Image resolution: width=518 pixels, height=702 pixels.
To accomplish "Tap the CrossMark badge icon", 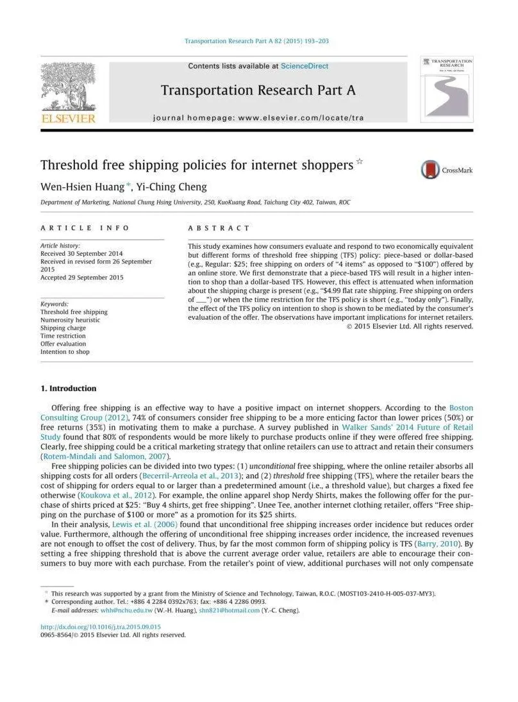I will pos(431,170).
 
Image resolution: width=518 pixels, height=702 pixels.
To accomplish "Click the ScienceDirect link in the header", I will pos(305,66).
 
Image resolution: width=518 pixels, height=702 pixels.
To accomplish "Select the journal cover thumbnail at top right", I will pos(447,89).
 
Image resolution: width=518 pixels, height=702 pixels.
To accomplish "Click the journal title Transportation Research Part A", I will pos(258,90).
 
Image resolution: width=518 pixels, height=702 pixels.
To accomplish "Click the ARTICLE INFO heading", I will pos(85,228).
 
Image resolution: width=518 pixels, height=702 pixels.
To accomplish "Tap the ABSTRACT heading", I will pos(219,228).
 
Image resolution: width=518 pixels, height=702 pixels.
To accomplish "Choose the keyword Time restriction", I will pos(63,336).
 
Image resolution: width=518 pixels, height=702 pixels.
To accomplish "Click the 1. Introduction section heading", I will pos(69,389).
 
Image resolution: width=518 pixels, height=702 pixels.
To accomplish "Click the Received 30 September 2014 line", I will pos(81,254).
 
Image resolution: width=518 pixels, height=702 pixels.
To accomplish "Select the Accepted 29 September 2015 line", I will pos(81,278).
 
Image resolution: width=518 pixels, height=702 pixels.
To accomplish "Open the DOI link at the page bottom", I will pos(101,626).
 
